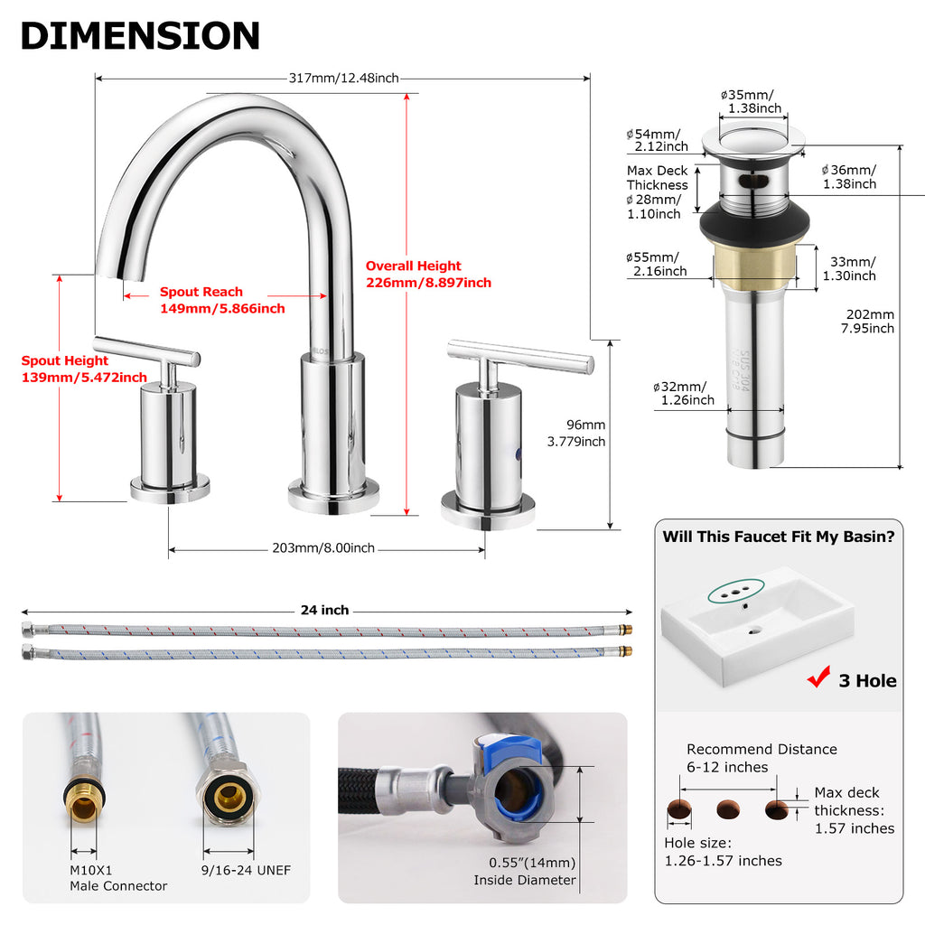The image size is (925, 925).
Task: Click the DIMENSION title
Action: point(140,35)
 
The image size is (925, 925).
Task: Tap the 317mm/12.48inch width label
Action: point(344,78)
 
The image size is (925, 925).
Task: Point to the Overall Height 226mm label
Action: point(428,275)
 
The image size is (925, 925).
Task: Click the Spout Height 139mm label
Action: point(84,369)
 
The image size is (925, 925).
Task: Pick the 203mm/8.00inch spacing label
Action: point(323,548)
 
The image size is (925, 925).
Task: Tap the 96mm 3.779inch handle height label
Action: point(576,433)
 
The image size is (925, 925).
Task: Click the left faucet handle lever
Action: point(146,350)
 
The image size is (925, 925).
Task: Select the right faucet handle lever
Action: point(520,356)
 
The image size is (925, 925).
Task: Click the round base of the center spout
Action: point(333,497)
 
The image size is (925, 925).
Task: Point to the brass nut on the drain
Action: point(754,266)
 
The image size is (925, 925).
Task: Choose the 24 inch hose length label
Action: point(324,610)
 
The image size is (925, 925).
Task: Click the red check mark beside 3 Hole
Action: point(818,677)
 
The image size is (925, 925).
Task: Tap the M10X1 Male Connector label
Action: point(118,878)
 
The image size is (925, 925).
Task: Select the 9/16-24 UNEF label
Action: point(246,870)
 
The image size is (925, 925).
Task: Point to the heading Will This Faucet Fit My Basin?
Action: point(778,537)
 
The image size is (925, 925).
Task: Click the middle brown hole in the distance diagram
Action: point(728,808)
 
